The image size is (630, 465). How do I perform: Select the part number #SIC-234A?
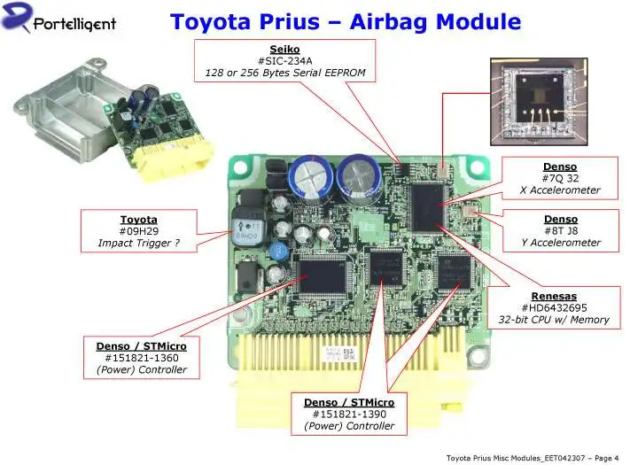tap(284, 60)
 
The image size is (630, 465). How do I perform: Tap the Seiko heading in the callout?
tap(284, 49)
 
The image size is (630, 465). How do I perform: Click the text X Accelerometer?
tap(559, 190)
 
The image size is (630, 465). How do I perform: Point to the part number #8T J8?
tap(559, 230)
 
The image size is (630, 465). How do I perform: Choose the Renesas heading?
tap(554, 296)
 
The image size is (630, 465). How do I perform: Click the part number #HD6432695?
tap(554, 307)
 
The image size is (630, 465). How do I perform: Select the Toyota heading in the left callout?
tap(138, 219)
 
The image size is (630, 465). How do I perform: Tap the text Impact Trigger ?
tap(138, 243)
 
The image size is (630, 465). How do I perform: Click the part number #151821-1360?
tap(142, 358)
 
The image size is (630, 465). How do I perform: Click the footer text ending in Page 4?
tap(532, 457)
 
